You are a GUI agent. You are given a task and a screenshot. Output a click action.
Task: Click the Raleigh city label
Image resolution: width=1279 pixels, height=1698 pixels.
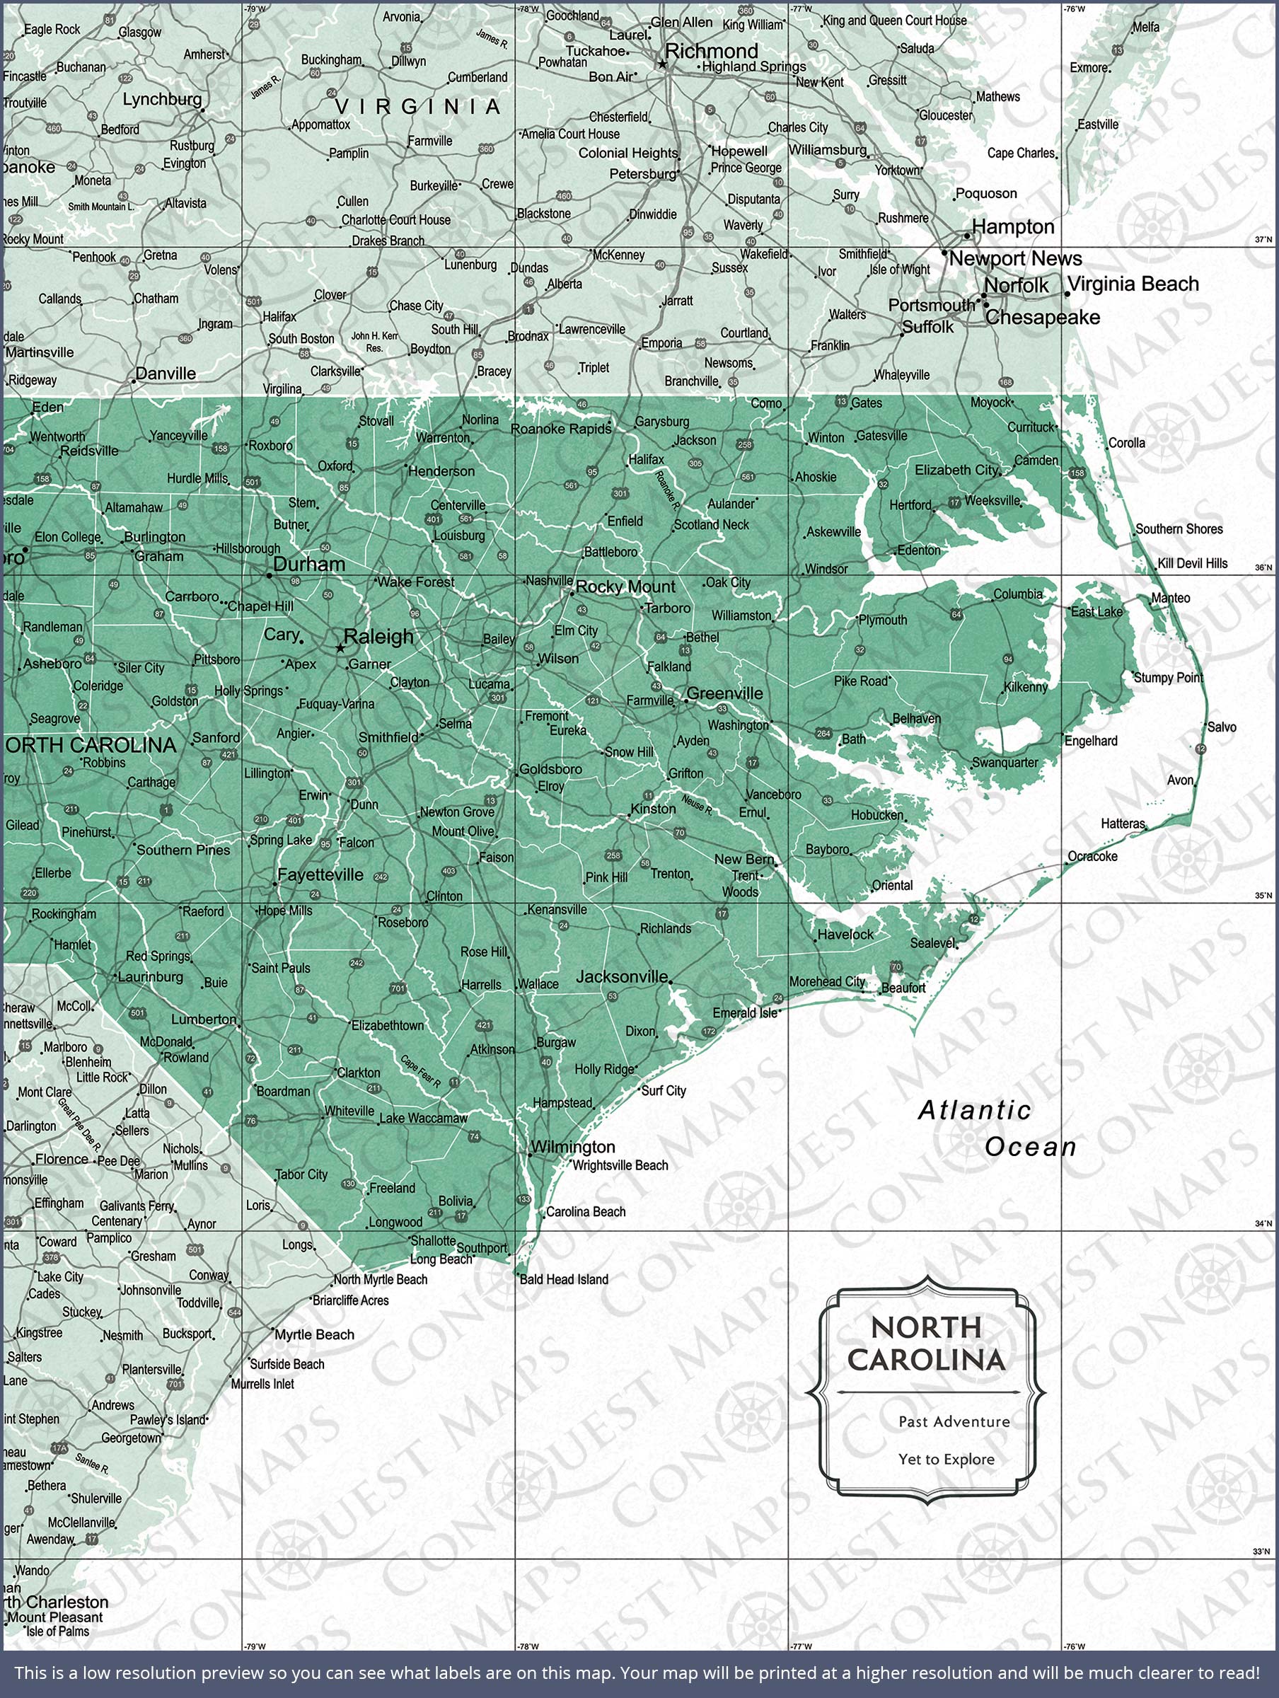coord(378,636)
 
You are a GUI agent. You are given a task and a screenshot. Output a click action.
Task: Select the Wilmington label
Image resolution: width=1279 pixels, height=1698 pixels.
coord(573,1147)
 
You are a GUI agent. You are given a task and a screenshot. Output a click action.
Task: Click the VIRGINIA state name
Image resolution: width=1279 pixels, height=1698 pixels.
coord(417,107)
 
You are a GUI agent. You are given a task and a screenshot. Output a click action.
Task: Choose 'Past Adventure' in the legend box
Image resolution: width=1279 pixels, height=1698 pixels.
coord(954,1421)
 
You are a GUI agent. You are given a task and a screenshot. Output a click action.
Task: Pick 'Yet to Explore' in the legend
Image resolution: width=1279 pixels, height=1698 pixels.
coord(947,1460)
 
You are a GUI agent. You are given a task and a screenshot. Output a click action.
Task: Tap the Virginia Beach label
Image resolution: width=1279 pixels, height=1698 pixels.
coord(1133,284)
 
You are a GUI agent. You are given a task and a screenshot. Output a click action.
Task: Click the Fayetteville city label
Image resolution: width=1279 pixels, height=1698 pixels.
coord(320,874)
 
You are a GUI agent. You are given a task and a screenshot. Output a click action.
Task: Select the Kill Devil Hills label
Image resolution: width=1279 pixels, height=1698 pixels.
coord(1192,563)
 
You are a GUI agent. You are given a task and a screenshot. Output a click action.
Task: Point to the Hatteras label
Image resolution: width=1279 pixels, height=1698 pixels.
coord(1123,824)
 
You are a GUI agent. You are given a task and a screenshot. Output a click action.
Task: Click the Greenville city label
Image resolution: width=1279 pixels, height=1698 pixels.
coord(724,693)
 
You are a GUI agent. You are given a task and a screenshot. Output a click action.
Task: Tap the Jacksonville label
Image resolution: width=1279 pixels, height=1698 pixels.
coord(622,976)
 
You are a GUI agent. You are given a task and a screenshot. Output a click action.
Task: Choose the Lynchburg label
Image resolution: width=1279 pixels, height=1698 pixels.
coord(162,99)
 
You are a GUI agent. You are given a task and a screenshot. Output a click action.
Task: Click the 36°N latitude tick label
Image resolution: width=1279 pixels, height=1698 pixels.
coord(1263,568)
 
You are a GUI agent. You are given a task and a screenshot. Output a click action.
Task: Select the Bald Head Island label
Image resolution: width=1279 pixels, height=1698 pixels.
coord(564,1280)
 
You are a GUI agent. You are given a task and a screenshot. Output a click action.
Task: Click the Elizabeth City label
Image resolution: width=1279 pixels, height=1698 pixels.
coord(956,470)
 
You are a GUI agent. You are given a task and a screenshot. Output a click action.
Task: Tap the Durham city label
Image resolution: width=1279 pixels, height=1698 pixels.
coord(309,564)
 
